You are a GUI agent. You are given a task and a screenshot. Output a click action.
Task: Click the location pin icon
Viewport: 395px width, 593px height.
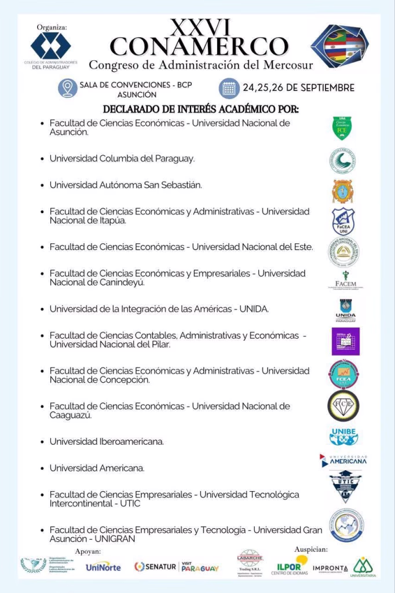coord(68,89)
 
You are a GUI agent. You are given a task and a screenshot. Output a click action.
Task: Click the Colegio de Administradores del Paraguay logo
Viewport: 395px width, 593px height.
coord(50,47)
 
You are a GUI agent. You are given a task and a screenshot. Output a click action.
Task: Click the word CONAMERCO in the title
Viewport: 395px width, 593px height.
coord(199,46)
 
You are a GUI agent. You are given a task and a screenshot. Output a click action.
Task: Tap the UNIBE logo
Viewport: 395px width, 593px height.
coord(343,436)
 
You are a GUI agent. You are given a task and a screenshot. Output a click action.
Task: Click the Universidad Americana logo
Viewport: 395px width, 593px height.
coord(343,461)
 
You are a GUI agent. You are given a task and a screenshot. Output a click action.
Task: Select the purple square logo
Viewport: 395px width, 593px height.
coord(345,341)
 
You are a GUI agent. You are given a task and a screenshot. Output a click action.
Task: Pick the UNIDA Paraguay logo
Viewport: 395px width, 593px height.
coord(345,310)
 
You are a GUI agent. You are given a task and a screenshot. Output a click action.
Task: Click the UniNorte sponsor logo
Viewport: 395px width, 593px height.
coord(103,567)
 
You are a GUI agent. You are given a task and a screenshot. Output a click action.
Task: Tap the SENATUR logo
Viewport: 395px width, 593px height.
coord(155,567)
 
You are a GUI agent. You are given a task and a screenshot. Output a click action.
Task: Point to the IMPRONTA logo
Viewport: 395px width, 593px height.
coord(330,568)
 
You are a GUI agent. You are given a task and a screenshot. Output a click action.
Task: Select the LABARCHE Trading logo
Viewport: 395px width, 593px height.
coord(250,562)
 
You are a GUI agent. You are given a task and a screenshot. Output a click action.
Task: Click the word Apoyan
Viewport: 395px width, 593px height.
coord(88,551)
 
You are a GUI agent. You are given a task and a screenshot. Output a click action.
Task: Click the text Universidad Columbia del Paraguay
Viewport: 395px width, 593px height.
coord(122,158)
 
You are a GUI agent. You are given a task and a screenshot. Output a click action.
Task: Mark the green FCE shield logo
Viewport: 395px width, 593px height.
coord(342,128)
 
